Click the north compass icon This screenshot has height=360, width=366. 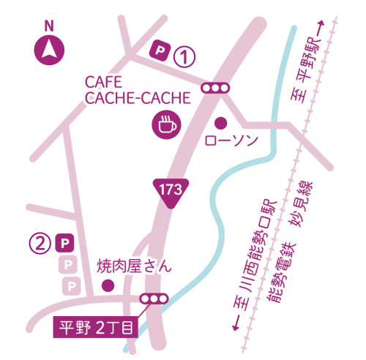pyautogui.click(x=49, y=50)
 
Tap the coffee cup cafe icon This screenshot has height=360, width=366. pyautogui.click(x=166, y=124)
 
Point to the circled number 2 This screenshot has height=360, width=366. pyautogui.click(x=40, y=241)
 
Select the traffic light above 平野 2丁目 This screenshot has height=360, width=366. pyautogui.click(x=154, y=299)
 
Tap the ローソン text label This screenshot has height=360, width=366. pyautogui.click(x=232, y=139)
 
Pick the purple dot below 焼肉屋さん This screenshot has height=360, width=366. pyautogui.click(x=108, y=285)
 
